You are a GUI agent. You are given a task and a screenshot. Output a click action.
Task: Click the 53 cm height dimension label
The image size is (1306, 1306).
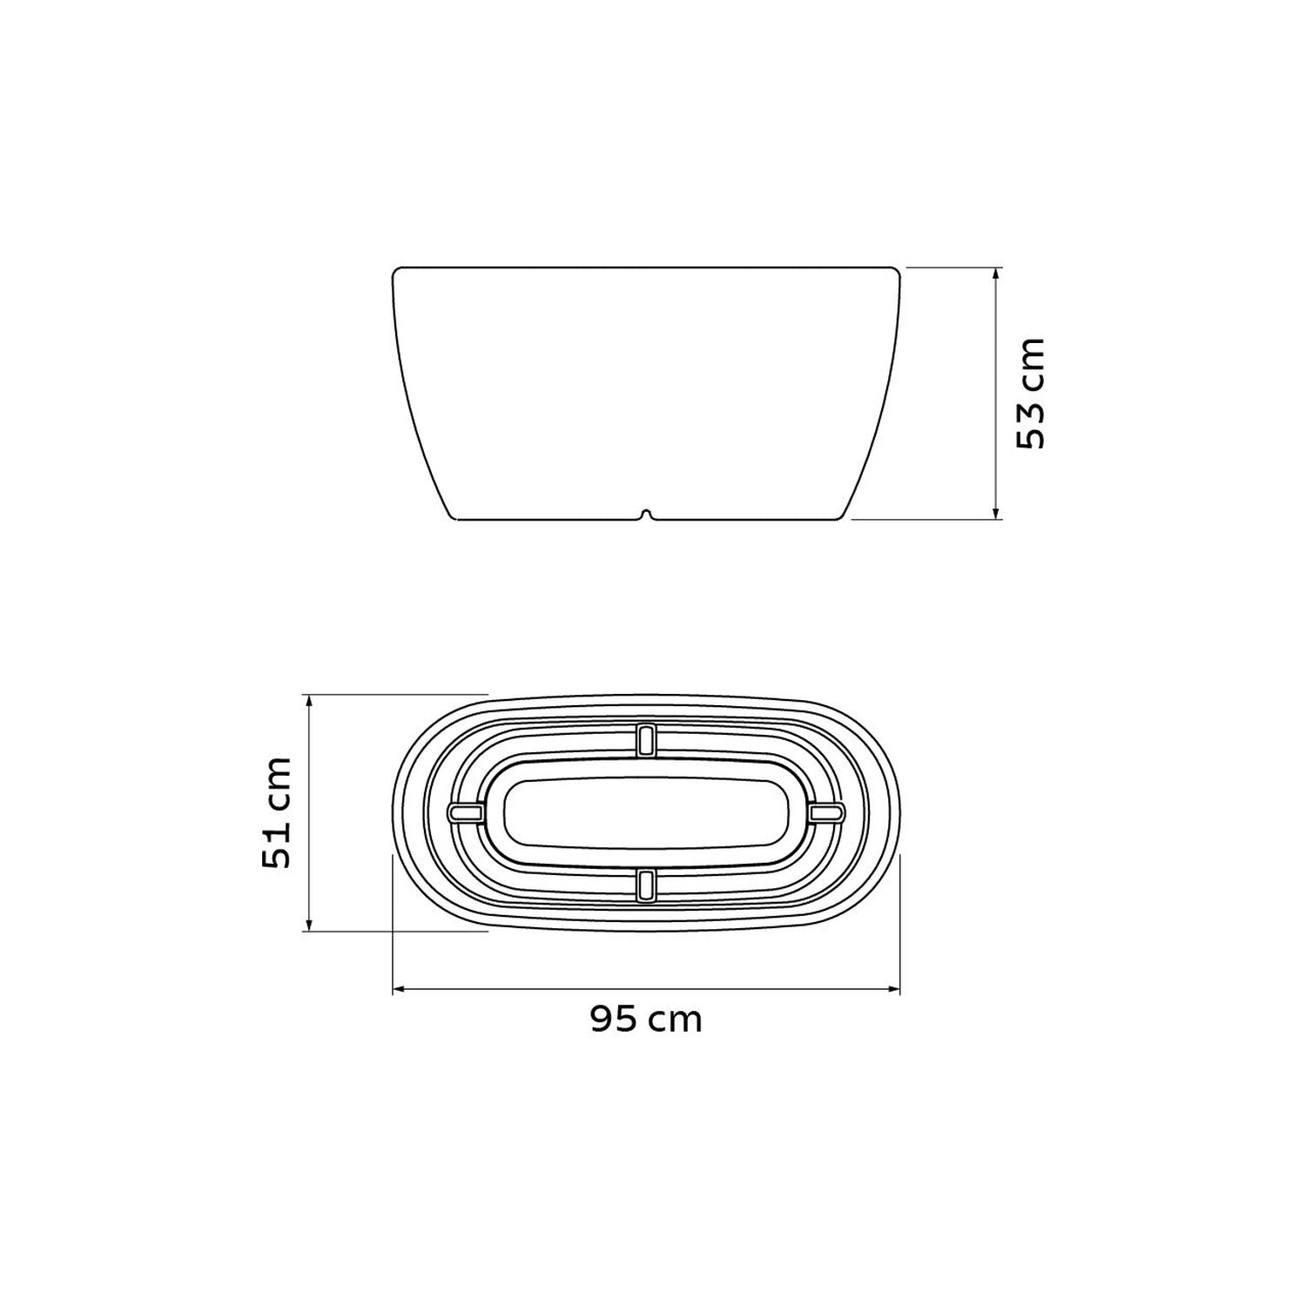[x=1030, y=393]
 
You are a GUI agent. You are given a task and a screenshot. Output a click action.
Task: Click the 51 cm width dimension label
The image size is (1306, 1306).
[x=276, y=813]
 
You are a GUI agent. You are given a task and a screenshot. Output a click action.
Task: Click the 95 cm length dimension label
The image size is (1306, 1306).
[x=645, y=1018]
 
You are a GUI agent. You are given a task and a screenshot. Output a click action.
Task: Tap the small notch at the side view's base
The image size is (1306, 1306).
[x=645, y=515]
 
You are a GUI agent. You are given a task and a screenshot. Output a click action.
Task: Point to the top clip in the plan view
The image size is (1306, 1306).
[x=645, y=739]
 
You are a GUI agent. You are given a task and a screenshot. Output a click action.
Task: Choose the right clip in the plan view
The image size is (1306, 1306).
[x=825, y=811]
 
